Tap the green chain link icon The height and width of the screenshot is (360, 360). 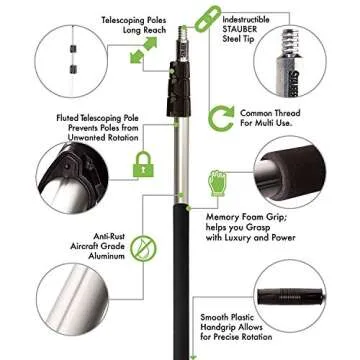208,19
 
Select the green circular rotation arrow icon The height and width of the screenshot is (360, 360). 221,118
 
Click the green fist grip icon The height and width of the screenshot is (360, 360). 217,183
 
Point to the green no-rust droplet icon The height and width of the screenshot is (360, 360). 143,248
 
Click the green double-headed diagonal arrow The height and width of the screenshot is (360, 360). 144,50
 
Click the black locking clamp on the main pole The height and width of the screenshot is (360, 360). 179,89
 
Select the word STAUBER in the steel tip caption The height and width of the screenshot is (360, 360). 240,29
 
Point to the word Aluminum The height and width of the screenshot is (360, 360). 107,256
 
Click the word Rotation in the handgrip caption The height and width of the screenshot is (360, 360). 256,337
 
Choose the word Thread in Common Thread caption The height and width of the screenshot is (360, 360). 286,113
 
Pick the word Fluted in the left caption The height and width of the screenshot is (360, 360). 68,118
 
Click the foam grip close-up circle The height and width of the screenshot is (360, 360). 290,172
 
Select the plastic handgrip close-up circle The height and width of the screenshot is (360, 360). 290,296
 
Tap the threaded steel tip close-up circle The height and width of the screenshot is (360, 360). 290,61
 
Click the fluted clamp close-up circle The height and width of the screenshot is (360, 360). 72,178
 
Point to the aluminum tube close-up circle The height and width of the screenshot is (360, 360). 72,299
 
